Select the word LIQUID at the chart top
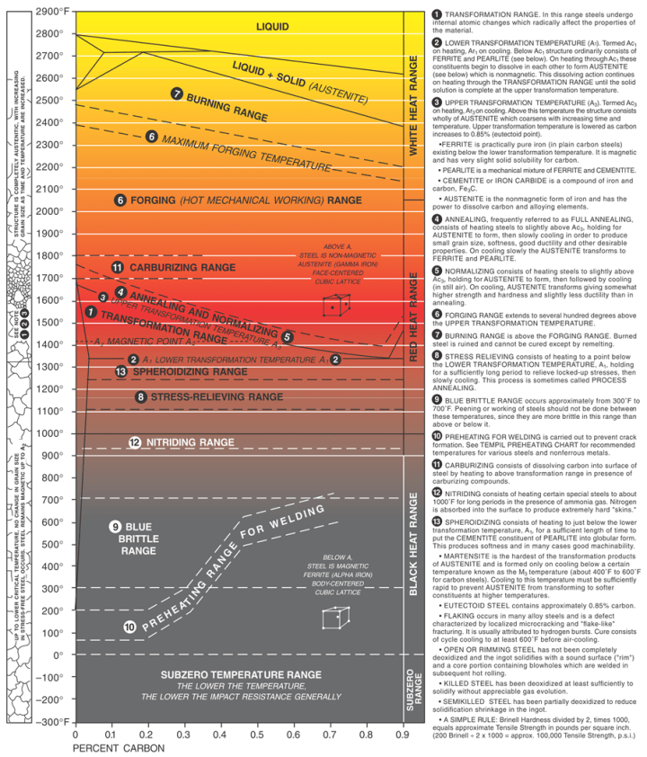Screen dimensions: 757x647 272,26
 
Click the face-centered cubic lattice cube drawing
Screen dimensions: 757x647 336,305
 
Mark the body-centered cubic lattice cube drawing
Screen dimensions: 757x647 335,594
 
